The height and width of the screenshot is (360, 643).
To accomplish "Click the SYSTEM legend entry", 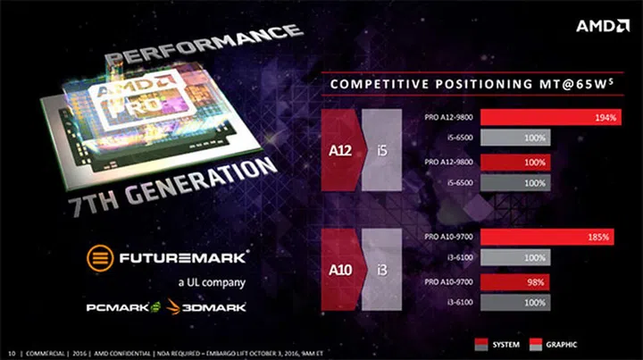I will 501,343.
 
